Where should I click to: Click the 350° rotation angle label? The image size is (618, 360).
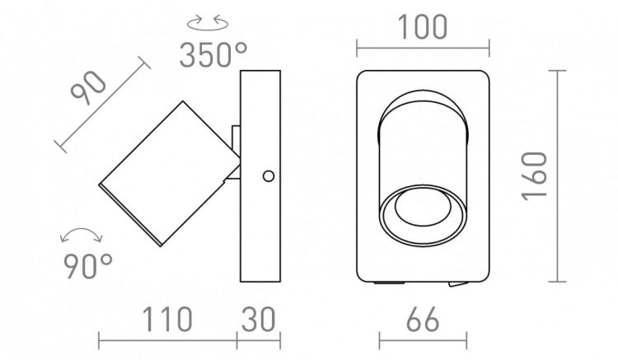pos(213,54)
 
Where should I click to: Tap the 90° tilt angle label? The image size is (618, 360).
pos(88,266)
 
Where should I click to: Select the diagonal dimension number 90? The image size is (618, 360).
pos(88,88)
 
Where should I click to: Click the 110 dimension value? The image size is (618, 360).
pos(167,319)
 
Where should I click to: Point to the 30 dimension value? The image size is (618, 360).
pos(258,319)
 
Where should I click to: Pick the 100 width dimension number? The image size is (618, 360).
pos(423,27)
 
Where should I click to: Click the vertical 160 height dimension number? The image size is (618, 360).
pos(535,176)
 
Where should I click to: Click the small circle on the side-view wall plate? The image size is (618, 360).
pos(269,176)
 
